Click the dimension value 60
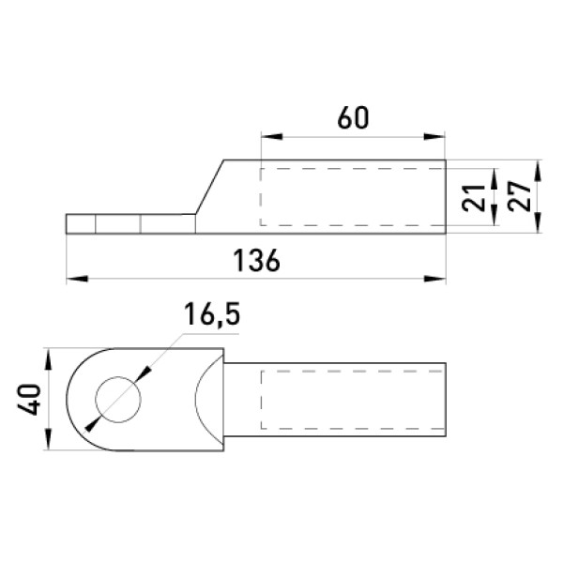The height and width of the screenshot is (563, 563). pos(354,118)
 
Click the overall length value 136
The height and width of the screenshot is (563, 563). pos(256,260)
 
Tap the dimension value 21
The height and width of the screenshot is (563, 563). pos(473,198)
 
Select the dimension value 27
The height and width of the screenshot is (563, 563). pos(520,196)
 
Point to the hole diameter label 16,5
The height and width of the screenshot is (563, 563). pos(212,314)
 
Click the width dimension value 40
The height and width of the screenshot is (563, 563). pos(29,400)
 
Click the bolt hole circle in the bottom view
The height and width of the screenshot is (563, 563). pos(118,376)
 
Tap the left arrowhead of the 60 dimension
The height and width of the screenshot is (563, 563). pos(272,137)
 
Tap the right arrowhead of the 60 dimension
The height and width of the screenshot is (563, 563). pos(434,137)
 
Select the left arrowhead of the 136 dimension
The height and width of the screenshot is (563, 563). pos(77,279)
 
